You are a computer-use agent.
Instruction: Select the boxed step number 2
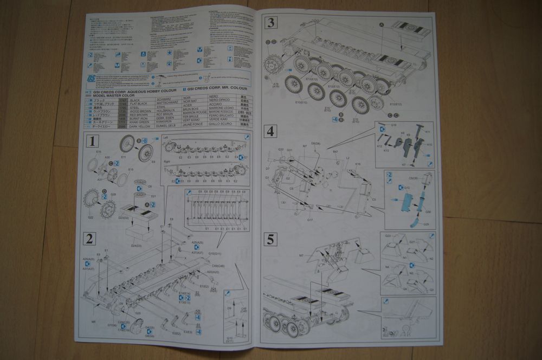[x=90, y=239]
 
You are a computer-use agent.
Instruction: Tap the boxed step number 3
[x=271, y=23]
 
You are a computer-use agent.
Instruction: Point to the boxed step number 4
[x=271, y=131]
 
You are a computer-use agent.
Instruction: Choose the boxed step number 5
[x=271, y=239]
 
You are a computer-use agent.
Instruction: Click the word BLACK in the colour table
[x=134, y=101]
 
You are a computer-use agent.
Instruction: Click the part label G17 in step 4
[x=310, y=220]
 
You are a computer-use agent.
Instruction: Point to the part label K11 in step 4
[x=428, y=132]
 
